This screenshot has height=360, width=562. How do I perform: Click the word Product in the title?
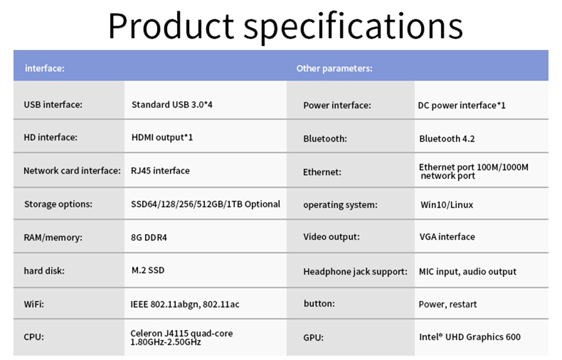coord(171,26)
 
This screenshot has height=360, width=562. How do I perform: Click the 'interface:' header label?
coord(45,68)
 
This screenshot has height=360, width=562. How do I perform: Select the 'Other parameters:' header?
coord(334,68)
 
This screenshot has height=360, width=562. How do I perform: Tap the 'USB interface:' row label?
coord(53,104)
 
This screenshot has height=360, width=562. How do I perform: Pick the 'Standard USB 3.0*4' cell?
coord(172,104)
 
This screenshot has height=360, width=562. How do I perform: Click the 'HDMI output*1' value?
coord(162,138)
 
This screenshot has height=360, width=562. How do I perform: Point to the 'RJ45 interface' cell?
coord(160,171)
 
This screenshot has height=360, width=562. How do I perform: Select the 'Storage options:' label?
coord(58,204)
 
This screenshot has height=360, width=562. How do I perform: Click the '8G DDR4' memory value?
coord(149,238)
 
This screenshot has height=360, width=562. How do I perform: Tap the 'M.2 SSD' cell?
coord(148,270)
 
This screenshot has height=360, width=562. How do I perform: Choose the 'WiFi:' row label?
coord(34,304)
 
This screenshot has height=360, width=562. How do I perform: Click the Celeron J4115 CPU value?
coord(182,338)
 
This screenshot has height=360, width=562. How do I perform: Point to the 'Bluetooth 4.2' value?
coord(447,139)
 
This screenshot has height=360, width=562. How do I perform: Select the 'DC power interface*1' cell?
coord(461,106)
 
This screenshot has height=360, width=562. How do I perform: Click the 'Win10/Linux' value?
coord(447,204)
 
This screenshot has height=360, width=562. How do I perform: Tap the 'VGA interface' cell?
coord(447,237)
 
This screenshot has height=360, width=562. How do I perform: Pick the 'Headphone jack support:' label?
coord(355,272)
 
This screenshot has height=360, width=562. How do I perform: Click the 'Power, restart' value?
coord(448,304)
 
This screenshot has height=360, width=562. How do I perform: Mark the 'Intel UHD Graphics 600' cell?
coord(470,337)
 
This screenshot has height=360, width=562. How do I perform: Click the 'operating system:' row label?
coord(340,205)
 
